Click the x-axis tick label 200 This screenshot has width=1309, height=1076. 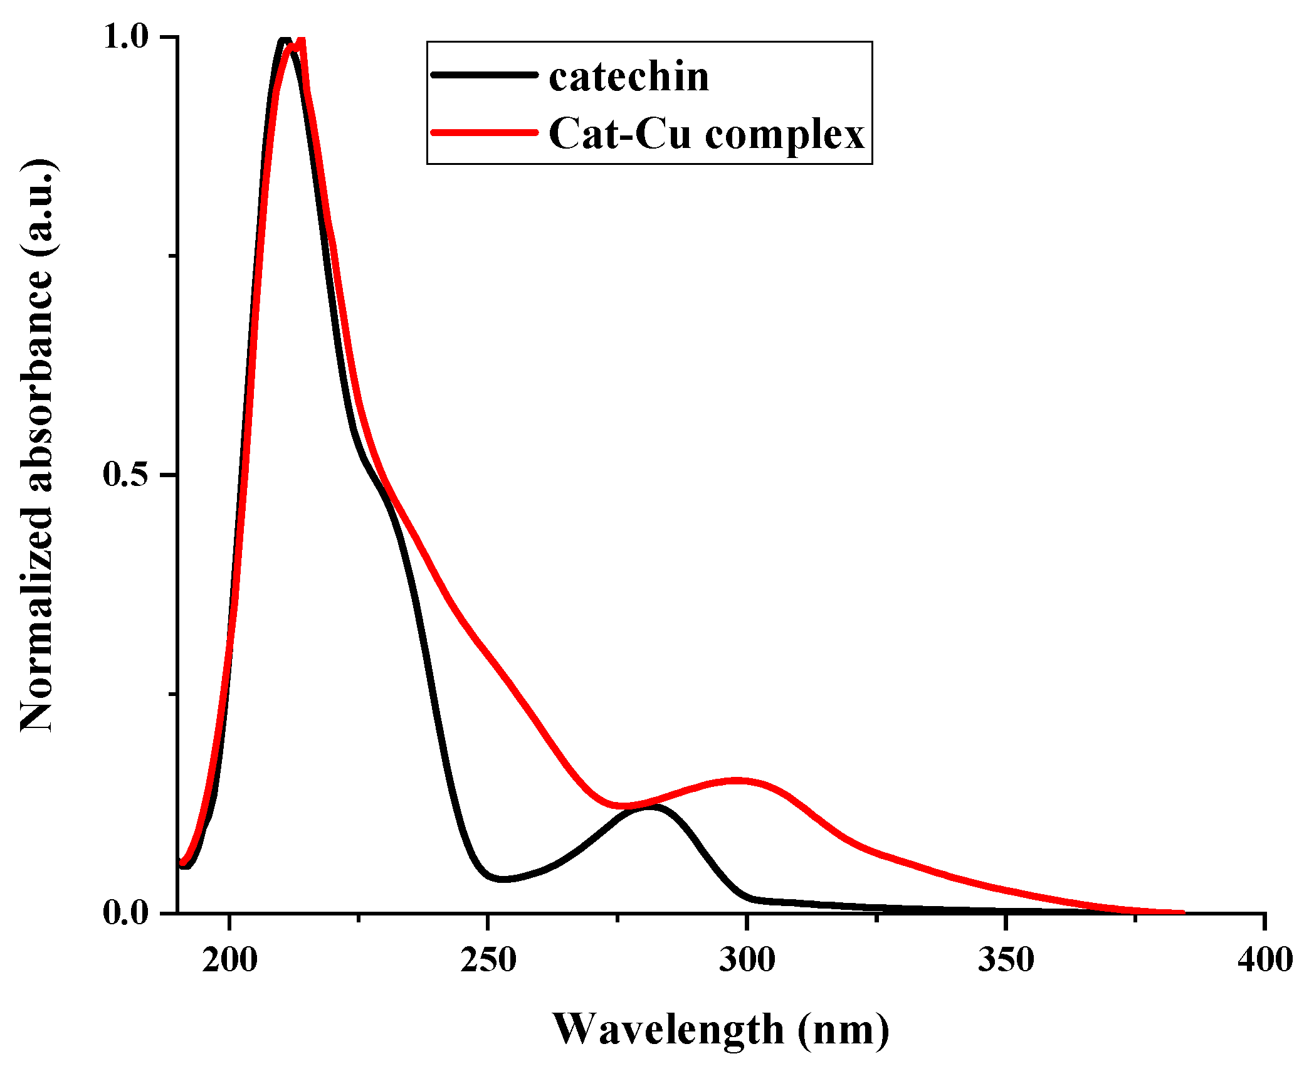tap(229, 961)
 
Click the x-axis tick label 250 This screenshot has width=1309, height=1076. tap(488, 961)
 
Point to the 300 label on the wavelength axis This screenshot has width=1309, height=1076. tap(747, 961)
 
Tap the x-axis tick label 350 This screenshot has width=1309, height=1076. tap(1006, 961)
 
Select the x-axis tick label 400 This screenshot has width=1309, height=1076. tap(1264, 961)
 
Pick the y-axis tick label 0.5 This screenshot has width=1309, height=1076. tap(126, 475)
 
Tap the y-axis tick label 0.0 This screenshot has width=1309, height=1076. tap(126, 912)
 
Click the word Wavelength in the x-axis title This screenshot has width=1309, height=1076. tap(668, 1030)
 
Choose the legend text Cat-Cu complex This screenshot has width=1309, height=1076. tap(707, 134)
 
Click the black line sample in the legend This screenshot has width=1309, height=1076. tap(485, 75)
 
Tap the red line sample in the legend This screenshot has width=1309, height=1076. tap(485, 132)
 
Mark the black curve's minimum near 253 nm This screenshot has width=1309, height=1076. tap(503, 879)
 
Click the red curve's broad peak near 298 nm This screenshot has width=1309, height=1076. tap(737, 781)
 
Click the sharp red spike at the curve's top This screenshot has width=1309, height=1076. tap(302, 43)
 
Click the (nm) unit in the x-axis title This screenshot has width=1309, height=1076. tap(843, 1030)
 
